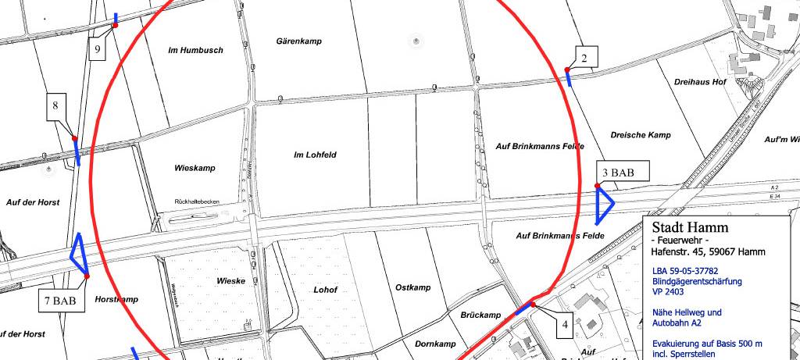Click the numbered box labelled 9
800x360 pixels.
(x=98, y=49)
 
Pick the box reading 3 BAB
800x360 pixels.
(x=617, y=172)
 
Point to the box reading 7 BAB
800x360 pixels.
(x=59, y=299)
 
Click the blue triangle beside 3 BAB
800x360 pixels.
(x=604, y=204)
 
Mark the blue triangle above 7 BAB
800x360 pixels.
(x=79, y=254)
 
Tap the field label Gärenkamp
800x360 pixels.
(x=300, y=41)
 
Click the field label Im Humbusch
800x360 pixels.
(x=195, y=50)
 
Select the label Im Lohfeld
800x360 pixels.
(x=315, y=155)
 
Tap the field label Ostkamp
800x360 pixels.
(x=413, y=287)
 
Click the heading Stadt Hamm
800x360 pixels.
(x=689, y=227)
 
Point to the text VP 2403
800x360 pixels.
(x=670, y=290)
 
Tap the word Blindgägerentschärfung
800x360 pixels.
(x=697, y=280)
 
